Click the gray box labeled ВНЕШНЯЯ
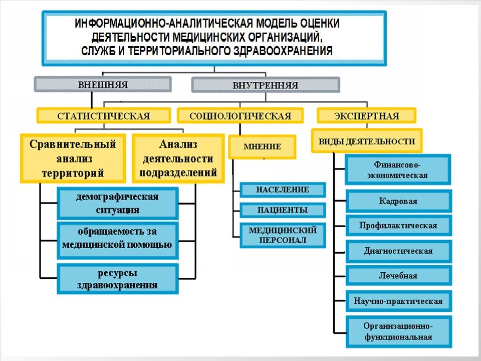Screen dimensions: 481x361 pyautogui.click(x=102, y=84)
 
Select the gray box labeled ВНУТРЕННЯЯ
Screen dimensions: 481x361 pyautogui.click(x=266, y=85)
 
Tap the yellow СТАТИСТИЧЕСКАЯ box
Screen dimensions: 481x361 pyautogui.click(x=104, y=116)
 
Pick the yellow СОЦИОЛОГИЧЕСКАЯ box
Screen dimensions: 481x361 pyautogui.click(x=240, y=116)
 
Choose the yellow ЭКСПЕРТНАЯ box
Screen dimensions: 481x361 pyautogui.click(x=367, y=116)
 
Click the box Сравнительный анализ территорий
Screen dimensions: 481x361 pyautogui.click(x=73, y=158)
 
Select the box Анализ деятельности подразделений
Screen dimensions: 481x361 pyautogui.click(x=178, y=158)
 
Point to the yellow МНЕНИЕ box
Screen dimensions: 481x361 pyautogui.click(x=262, y=147)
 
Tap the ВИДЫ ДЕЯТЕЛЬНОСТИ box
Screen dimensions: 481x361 pyautogui.click(x=367, y=141)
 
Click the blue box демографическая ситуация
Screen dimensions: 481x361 pyautogui.click(x=117, y=203)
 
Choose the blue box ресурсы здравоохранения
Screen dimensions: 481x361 pyautogui.click(x=117, y=279)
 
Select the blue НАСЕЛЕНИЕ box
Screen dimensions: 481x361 pyautogui.click(x=283, y=190)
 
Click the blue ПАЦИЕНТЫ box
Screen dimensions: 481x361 pyautogui.click(x=283, y=210)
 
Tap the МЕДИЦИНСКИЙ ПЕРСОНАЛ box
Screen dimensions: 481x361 pyautogui.click(x=283, y=235)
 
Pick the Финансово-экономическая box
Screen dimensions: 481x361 pyautogui.click(x=398, y=169)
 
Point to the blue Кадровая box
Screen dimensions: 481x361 pyautogui.click(x=398, y=201)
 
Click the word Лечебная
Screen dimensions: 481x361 pyautogui.click(x=398, y=276)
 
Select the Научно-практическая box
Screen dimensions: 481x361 pyautogui.click(x=398, y=301)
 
